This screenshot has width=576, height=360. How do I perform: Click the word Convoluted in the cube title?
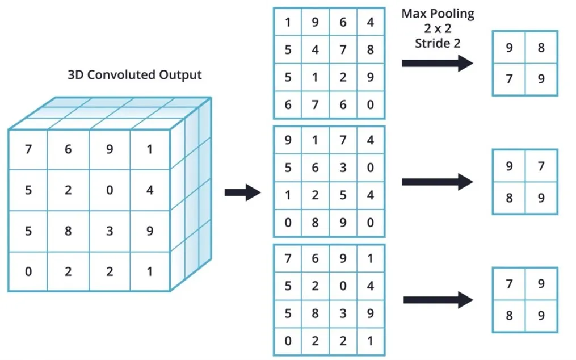pos(121,74)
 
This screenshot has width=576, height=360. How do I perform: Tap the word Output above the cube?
pos(180,75)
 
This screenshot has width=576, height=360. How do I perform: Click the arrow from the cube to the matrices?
pos(242,192)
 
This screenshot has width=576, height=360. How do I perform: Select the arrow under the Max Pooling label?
pos(437,63)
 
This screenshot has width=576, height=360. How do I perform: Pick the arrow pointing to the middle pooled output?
pos(437,182)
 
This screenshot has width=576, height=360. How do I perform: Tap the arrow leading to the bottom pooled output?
pos(438,300)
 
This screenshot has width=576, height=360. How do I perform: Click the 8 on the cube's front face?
pos(68,231)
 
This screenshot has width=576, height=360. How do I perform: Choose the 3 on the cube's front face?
pos(110,231)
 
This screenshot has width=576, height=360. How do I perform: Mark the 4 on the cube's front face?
pos(150,190)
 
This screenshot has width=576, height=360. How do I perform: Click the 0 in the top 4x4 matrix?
pos(370,105)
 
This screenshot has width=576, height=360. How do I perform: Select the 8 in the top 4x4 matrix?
pos(370,49)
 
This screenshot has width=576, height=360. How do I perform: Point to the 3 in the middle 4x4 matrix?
pos(343,168)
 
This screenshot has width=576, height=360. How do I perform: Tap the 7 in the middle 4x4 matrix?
pos(343,140)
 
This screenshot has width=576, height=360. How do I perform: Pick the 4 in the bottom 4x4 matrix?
pos(370,286)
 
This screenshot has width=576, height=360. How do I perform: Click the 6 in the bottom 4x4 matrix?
pos(315,258)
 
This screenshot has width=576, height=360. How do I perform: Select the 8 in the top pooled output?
pos(541,48)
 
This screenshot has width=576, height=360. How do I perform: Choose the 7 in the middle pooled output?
pos(541,166)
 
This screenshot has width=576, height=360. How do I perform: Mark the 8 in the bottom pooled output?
pos(509,316)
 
